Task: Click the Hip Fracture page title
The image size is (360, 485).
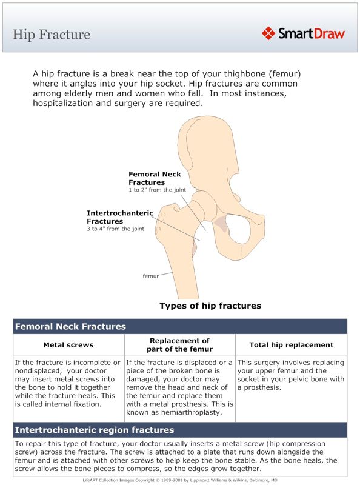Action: (x=52, y=34)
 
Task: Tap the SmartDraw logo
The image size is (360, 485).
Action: (x=303, y=33)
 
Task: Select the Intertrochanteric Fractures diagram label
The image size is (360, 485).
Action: (x=120, y=217)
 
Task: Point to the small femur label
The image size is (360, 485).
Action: (x=151, y=276)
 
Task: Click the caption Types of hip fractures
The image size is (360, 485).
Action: (x=210, y=306)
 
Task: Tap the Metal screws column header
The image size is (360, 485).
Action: (x=68, y=345)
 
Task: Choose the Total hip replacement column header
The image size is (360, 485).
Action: (x=292, y=345)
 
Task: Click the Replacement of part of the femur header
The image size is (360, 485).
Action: (x=179, y=345)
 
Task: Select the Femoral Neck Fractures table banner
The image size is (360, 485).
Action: (x=70, y=326)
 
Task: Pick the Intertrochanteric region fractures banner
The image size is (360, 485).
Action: (x=94, y=430)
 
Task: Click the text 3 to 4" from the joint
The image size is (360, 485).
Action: (x=116, y=229)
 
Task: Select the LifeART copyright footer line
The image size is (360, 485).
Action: (x=180, y=480)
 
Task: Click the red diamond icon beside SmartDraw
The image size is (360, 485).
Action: (x=269, y=33)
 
